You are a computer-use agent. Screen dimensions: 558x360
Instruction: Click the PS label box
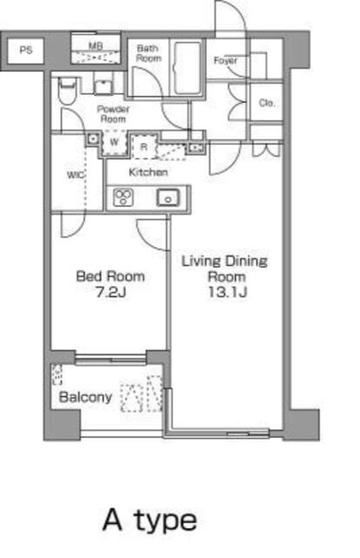point(26,50)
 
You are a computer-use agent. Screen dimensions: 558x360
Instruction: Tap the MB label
point(97,44)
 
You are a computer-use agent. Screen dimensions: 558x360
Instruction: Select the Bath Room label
point(148,53)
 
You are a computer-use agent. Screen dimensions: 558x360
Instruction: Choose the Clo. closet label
point(268,103)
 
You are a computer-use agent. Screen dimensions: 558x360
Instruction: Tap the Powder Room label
point(113,113)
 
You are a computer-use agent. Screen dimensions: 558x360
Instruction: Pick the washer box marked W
point(114,144)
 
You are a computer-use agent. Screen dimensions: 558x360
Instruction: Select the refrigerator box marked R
point(145,146)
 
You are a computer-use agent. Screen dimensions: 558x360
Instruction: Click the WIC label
point(75,174)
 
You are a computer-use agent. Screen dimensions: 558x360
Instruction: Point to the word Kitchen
point(148,173)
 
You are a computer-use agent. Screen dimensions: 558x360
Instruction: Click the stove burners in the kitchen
point(120,198)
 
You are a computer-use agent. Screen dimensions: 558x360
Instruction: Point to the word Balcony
point(85,398)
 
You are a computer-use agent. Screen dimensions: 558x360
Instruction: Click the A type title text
point(149,521)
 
